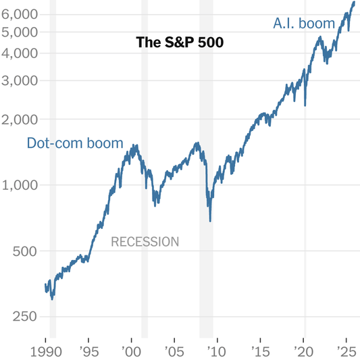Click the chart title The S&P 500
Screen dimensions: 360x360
pos(180,43)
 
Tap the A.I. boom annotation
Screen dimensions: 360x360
pos(304,24)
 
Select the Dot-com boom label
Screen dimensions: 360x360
pos(75,143)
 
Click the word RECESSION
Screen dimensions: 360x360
pos(145,242)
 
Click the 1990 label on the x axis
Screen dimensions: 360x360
pos(45,351)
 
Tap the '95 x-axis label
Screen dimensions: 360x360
pos(88,351)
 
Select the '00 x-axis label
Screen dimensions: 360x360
pos(132,351)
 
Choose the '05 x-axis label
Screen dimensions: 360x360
pos(175,351)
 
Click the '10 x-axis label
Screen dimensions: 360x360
pos(217,351)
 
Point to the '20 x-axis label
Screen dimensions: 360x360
pos(304,351)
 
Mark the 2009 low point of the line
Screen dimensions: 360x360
pos(211,220)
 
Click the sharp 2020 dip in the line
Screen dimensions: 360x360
pos(306,105)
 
